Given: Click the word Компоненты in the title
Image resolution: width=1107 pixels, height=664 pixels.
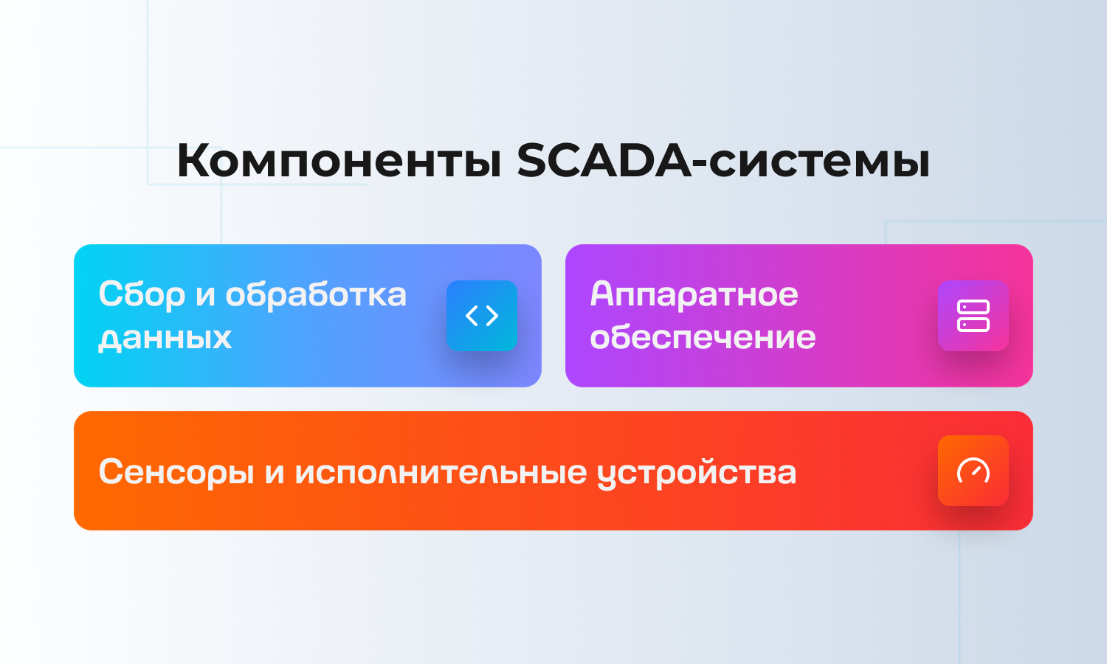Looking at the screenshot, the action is click(339, 161).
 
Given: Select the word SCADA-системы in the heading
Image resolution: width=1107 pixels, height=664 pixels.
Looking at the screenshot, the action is click(723, 161).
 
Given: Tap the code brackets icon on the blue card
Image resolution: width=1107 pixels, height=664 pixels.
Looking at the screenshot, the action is click(482, 316).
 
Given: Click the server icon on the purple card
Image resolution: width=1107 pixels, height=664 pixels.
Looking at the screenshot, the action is click(973, 316).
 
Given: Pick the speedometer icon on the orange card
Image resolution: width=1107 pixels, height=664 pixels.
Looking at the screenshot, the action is click(973, 471).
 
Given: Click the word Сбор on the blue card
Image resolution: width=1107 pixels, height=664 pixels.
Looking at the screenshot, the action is click(142, 294).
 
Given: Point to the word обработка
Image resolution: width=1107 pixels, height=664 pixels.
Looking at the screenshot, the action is click(317, 294).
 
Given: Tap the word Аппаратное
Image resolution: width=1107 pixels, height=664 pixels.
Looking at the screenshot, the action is click(694, 295).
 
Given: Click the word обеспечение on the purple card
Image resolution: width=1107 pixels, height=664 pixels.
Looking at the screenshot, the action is click(703, 337).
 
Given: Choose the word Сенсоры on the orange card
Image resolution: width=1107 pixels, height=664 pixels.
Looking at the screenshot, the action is click(176, 472).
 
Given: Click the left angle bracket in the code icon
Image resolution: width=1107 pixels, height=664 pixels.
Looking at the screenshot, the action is click(472, 316).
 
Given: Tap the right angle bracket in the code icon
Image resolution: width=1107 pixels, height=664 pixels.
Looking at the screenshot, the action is click(492, 316).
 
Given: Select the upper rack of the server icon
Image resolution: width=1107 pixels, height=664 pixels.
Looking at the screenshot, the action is click(973, 307).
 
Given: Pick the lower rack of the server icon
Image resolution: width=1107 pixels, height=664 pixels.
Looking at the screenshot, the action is click(973, 325).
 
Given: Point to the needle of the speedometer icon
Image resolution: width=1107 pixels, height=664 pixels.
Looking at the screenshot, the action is click(977, 471).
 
